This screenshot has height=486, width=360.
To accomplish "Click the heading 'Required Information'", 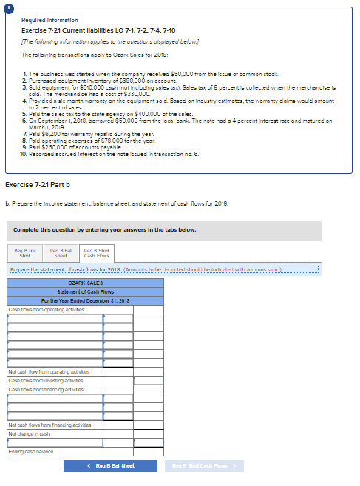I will pyautogui.click(x=50, y=20).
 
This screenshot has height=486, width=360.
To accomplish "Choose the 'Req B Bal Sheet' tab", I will pyautogui.click(x=59, y=253).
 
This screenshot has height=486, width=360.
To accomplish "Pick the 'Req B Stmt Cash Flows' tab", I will pyautogui.click(x=97, y=253).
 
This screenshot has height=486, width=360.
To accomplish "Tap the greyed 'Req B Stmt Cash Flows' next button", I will pyautogui.click(x=203, y=465).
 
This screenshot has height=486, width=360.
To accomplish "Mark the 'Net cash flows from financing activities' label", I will pyautogui.click(x=50, y=425).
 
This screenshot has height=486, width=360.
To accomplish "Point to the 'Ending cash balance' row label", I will pyautogui.click(x=27, y=451).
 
